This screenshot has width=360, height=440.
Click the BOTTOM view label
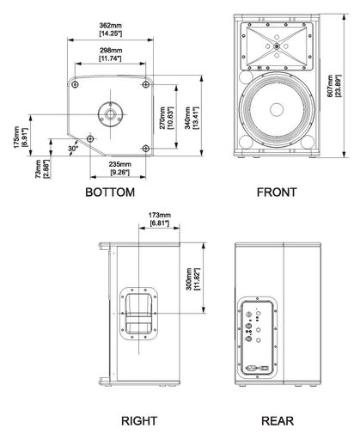point(110,192)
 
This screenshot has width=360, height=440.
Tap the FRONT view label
point(277,192)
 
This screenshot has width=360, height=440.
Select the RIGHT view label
point(139,421)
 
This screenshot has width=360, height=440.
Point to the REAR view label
point(278,421)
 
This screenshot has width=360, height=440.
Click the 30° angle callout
point(73,149)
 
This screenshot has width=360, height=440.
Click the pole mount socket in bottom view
point(110,114)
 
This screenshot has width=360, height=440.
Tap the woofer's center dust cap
point(277,110)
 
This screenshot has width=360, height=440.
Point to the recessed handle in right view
point(139,314)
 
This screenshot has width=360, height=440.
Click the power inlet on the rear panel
point(251,368)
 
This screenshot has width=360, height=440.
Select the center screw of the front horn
point(277,46)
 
